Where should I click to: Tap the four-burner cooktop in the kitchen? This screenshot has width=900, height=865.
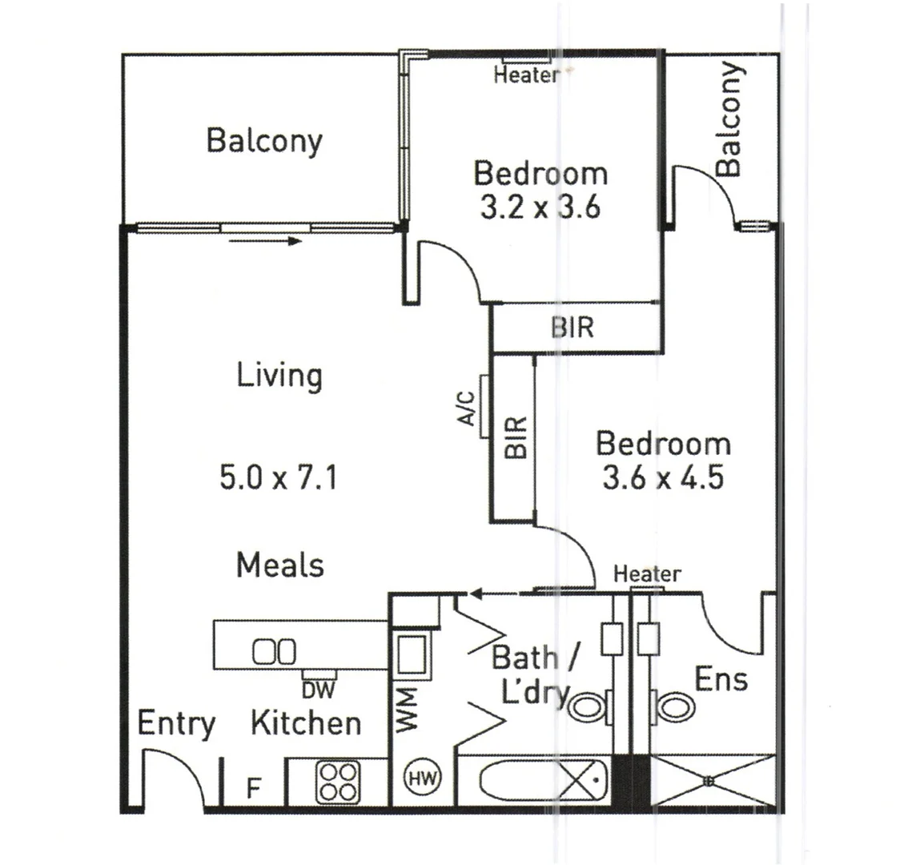click(337, 781)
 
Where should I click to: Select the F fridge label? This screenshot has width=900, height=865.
click(253, 788)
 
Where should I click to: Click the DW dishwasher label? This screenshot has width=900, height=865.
click(319, 687)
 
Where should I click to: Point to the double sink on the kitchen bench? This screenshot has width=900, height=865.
click(275, 651)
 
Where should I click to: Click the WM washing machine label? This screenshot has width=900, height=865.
click(408, 708)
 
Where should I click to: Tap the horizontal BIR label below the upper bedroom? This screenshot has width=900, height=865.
click(573, 328)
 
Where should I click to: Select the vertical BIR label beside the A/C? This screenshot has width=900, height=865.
click(516, 437)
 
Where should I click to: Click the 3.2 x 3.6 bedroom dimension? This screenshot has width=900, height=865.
click(540, 208)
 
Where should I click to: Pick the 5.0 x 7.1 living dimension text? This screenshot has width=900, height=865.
click(278, 479)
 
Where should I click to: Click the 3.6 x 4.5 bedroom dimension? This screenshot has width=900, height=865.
click(663, 478)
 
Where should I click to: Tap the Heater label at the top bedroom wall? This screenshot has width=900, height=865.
click(525, 76)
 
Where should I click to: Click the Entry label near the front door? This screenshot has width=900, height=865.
click(176, 723)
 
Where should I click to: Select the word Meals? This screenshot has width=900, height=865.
click(280, 565)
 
